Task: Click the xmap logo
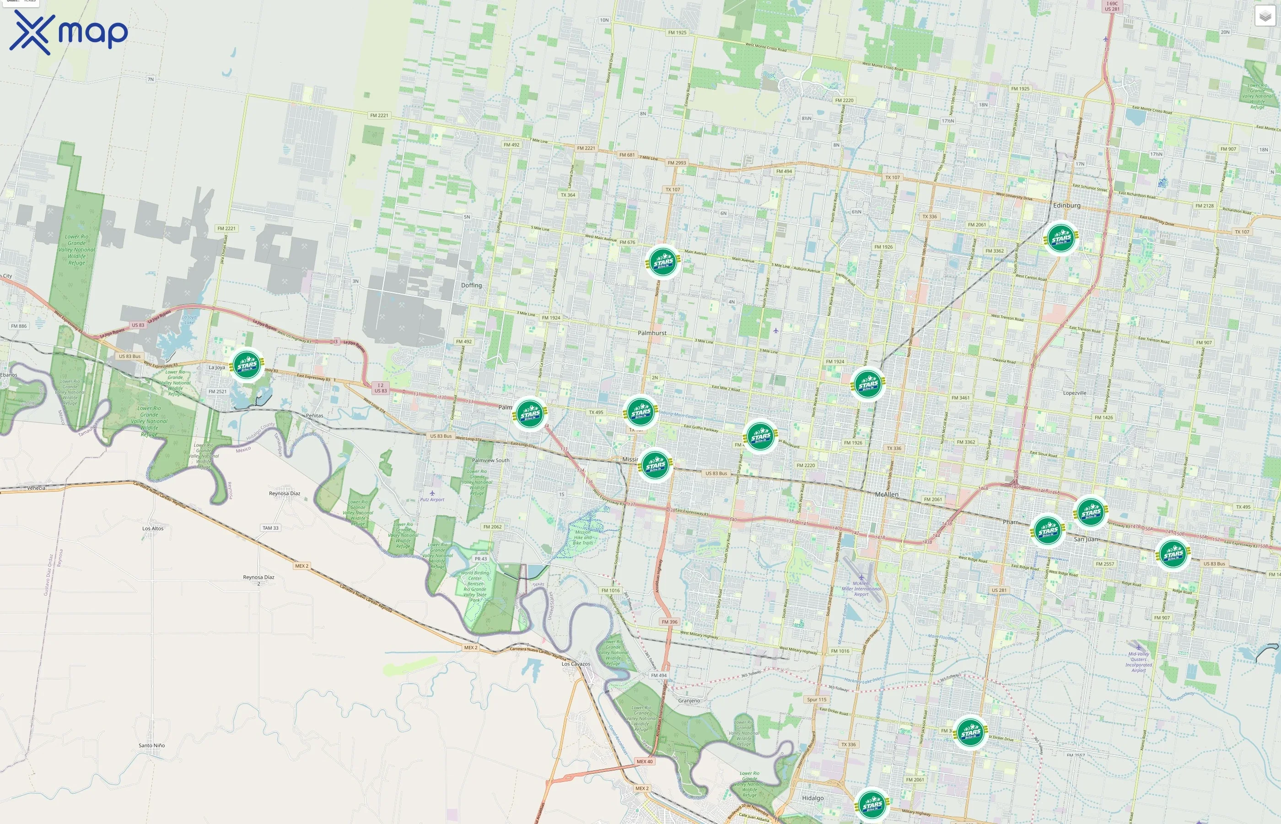tap(69, 32)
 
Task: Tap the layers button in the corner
tap(1265, 16)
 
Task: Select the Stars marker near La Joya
tap(247, 365)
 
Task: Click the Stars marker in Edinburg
tap(1061, 238)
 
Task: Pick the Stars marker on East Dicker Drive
tap(970, 732)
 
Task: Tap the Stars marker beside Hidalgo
tap(872, 805)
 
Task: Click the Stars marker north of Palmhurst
tap(663, 262)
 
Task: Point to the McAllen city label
tap(887, 494)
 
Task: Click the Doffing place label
tap(471, 285)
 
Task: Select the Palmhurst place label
tap(652, 333)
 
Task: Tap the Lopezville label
tap(1075, 393)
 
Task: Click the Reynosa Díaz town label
tap(285, 493)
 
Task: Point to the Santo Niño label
tap(152, 745)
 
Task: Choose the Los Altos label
tap(153, 528)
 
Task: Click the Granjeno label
tap(689, 700)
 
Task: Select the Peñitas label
tap(314, 415)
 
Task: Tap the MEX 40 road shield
tap(644, 761)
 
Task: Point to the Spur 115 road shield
tap(816, 699)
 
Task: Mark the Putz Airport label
tap(432, 499)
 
